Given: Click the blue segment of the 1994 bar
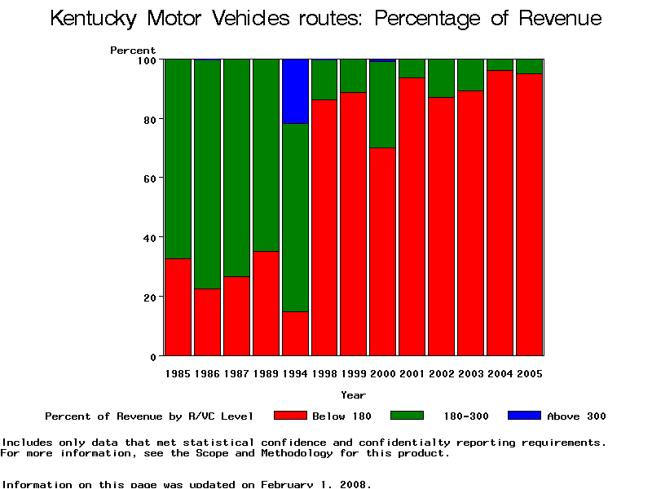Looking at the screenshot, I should coord(295,91).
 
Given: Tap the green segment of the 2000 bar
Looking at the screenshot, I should coord(383,104).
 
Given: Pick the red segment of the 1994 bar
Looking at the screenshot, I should coord(295,333).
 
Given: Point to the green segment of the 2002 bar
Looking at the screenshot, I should coord(442,78).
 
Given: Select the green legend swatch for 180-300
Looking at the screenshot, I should coord(407,416).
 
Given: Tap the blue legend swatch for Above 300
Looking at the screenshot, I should coord(524,416).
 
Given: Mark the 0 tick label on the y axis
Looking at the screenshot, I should coord(152,357).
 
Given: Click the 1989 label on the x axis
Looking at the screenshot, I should coord(266,374).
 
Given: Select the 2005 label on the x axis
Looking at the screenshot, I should coord(530,374).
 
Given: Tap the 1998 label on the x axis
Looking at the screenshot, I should coord(324,374).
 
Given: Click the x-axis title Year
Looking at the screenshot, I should coord(353,395).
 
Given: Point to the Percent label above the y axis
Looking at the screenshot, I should coord(133,51).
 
